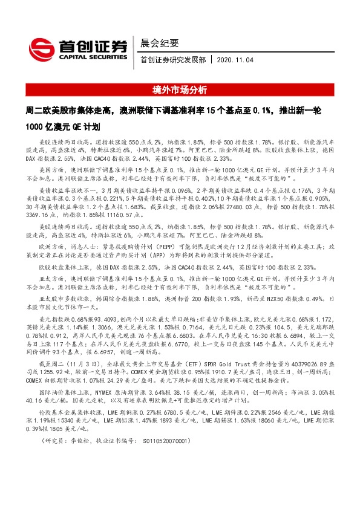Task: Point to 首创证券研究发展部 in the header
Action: click(172, 60)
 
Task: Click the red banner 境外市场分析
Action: click(180, 90)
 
